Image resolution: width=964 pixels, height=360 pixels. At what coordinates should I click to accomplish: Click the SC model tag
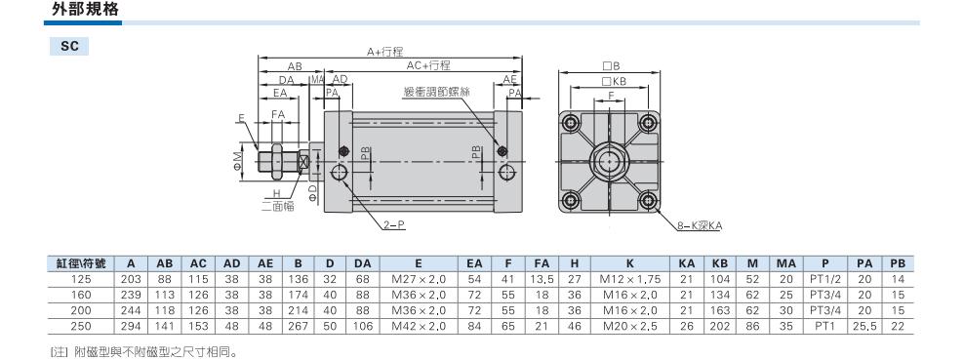(69, 47)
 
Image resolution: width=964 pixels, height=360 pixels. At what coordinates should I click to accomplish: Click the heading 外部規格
(76, 10)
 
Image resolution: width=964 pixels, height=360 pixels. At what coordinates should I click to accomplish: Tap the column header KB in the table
(719, 263)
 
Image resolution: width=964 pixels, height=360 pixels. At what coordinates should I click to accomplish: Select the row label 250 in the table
(81, 326)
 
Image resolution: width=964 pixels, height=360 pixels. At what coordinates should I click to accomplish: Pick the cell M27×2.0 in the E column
(418, 279)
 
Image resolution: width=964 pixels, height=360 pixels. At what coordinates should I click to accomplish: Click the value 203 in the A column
(131, 279)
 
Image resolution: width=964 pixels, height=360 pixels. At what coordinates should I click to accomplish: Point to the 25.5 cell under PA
(864, 326)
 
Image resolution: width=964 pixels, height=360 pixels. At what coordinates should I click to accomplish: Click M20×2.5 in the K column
(630, 326)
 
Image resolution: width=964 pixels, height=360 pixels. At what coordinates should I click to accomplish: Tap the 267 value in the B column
(299, 326)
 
